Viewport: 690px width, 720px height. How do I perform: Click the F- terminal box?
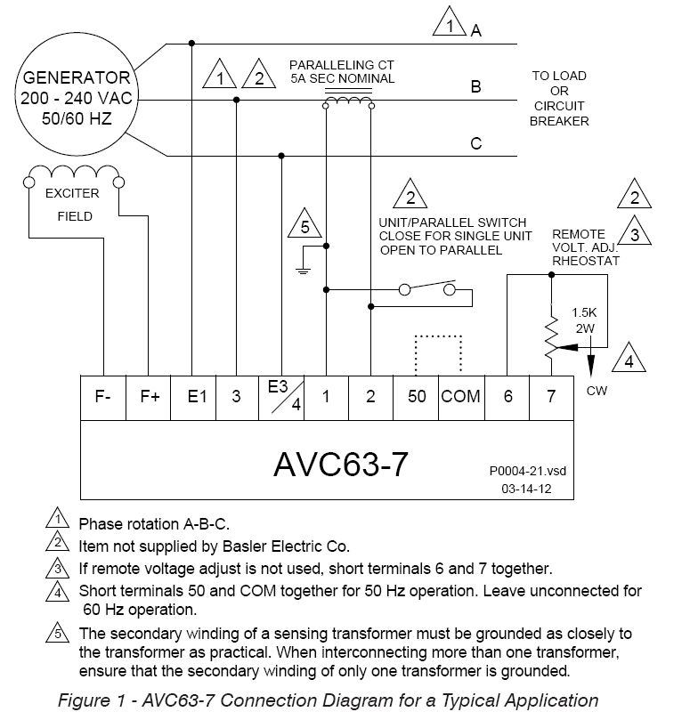tap(103, 398)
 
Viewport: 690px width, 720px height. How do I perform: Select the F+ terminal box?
tap(149, 398)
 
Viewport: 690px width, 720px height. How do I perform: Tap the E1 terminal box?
tap(193, 398)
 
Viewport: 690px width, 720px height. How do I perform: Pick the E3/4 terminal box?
tap(281, 398)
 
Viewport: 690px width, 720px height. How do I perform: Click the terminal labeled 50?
tap(416, 398)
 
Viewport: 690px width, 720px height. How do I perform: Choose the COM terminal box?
tap(461, 398)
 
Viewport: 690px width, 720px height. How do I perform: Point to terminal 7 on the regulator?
tap(552, 398)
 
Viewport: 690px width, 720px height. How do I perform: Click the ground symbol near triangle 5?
tap(303, 271)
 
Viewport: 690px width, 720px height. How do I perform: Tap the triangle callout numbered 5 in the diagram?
tap(304, 224)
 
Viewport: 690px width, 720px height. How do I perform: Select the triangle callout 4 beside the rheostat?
tap(629, 359)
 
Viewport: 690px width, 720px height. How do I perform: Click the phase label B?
tap(476, 86)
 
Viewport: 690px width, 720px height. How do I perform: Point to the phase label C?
tap(476, 143)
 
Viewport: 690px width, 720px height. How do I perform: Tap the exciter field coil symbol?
tap(74, 171)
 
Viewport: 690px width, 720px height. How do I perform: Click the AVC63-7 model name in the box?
tap(341, 465)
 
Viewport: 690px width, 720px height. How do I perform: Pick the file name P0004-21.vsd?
tap(527, 471)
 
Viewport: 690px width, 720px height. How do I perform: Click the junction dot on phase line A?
tap(191, 43)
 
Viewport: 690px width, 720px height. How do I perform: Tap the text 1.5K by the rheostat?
tap(584, 312)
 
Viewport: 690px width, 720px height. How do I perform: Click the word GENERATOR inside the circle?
tap(77, 77)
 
